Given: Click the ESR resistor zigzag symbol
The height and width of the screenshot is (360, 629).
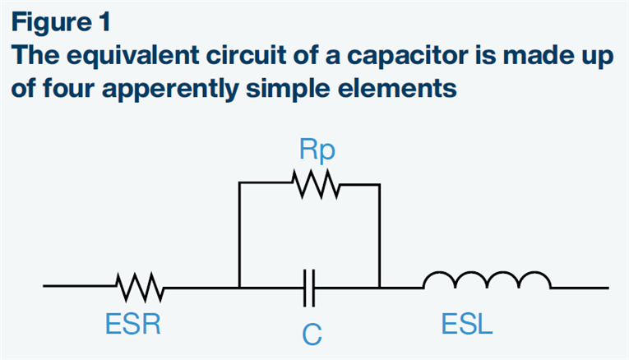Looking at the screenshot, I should (x=141, y=287).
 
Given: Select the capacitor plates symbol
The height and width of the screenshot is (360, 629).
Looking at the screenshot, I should (x=309, y=287).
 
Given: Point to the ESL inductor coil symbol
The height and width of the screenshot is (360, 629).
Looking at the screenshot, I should (x=487, y=281).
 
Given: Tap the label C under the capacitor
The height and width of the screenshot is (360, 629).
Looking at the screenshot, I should (x=311, y=335).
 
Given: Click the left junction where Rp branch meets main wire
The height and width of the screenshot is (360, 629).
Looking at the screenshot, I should (x=238, y=287).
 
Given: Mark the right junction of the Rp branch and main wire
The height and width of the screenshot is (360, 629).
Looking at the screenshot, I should (x=380, y=287).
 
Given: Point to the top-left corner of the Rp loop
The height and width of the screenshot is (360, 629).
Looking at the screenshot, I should (x=238, y=184).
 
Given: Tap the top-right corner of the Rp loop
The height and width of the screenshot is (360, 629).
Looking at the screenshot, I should (x=380, y=184).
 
